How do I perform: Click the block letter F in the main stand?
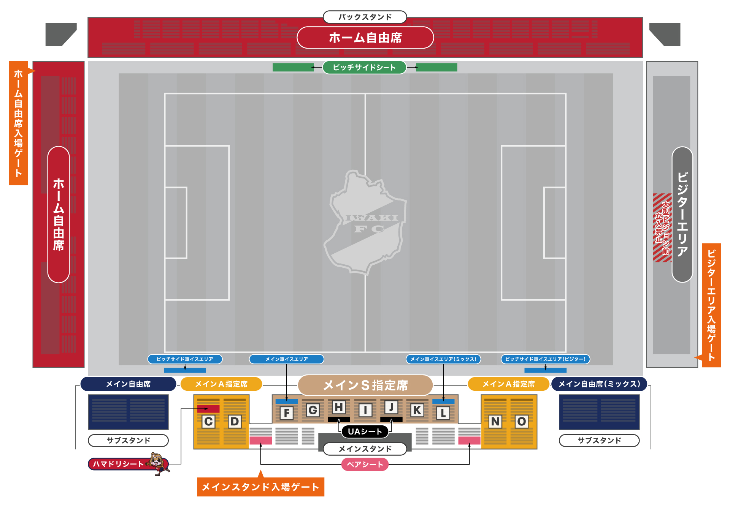point(287,413)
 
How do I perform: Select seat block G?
point(313,410)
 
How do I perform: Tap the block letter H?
point(339,407)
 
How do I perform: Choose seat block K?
point(417,410)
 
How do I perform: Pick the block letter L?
point(443,413)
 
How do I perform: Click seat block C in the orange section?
point(208,422)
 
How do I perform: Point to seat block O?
point(522,422)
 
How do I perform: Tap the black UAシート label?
point(365,431)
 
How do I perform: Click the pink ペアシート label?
point(365,464)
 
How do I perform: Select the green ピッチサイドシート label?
point(365,68)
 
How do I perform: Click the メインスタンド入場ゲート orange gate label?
point(260,487)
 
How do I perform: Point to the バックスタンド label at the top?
point(365,17)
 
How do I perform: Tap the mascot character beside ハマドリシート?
point(159,463)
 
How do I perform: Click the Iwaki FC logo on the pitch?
point(365,223)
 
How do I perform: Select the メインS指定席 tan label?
point(365,385)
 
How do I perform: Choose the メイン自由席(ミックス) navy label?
point(599,384)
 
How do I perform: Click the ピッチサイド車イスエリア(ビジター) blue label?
point(545,359)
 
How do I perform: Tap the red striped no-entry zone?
point(662,227)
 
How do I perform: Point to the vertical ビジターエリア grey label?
point(682,215)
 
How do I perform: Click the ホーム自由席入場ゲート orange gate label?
point(19,123)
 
